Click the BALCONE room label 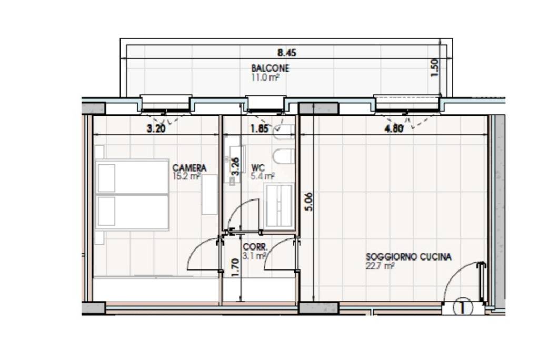270,68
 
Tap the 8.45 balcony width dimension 287,53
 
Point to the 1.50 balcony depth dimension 435,68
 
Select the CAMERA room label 189,168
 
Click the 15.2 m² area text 187,176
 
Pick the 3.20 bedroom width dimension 156,128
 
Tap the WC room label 258,168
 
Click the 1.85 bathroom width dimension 259,128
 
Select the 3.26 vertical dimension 235,166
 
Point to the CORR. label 255,247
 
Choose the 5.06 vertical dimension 309,202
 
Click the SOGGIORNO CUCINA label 408,257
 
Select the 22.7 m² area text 380,266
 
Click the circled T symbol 463,307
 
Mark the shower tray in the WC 279,205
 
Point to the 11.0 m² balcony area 265,77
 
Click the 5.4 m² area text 263,176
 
